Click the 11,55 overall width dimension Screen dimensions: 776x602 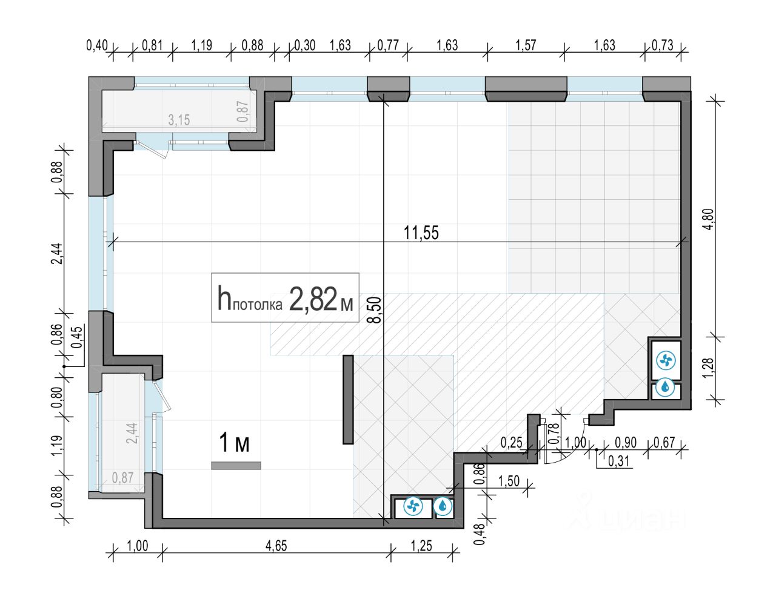(x=421, y=233)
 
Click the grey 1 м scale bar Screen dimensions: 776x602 (x=236, y=466)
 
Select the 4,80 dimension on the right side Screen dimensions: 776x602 (x=707, y=219)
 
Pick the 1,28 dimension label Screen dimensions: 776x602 (x=707, y=366)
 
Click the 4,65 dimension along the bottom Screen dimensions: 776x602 (x=276, y=546)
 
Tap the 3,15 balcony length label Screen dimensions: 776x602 (x=179, y=120)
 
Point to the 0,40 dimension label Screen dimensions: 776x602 (x=97, y=45)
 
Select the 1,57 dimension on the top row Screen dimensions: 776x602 (x=526, y=45)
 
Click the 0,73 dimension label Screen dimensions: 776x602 (x=663, y=45)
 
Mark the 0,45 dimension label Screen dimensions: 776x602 (x=76, y=337)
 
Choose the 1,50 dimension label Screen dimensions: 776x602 (x=509, y=481)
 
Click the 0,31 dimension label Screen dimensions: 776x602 (x=618, y=461)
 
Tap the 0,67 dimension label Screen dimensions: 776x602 (x=664, y=443)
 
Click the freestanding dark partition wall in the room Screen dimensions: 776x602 (x=348, y=399)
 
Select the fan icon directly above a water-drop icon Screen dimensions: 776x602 (x=666, y=361)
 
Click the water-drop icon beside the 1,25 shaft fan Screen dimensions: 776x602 (x=444, y=506)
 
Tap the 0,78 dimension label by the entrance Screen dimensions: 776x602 (x=553, y=434)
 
